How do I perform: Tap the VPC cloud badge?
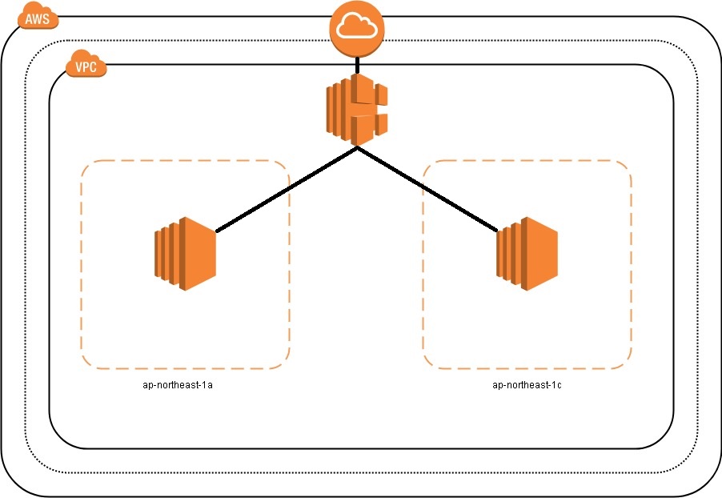coord(86,67)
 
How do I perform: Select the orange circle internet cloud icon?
coord(357,29)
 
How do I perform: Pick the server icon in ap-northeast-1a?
coord(185,253)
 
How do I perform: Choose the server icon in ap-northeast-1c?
coord(527,253)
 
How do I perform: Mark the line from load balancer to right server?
coord(428,191)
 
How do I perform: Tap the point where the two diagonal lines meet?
coord(357,148)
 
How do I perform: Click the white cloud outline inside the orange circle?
coord(357,28)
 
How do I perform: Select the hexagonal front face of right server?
coord(541,254)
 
